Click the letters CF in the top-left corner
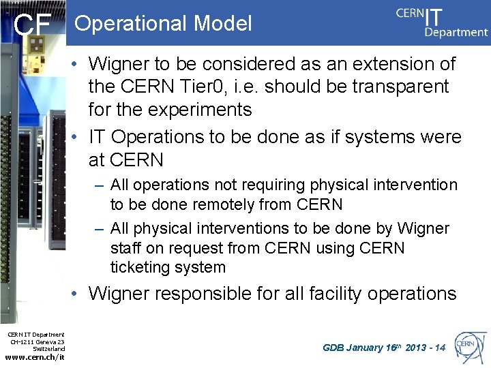pyautogui.click(x=33, y=25)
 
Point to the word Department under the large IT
pyautogui.click(x=456, y=32)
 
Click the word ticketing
pyautogui.click(x=140, y=267)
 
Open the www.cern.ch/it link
pyautogui.click(x=35, y=358)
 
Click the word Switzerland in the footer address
pyautogui.click(x=48, y=349)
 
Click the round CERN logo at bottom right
pyautogui.click(x=468, y=346)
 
